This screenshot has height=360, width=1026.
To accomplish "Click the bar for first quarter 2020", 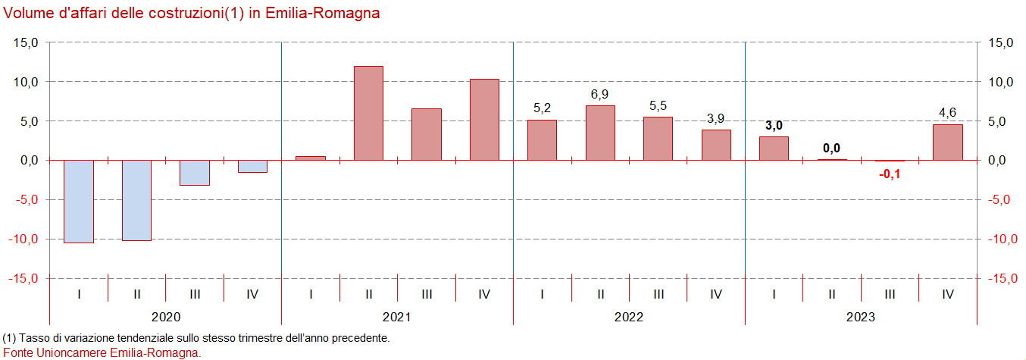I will click(79, 201).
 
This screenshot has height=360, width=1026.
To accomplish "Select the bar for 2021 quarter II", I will click(369, 113).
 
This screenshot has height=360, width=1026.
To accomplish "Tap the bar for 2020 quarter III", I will click(195, 172).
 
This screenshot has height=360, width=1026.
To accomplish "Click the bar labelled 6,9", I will click(600, 133).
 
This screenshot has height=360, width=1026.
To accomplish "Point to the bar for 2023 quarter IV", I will click(947, 142).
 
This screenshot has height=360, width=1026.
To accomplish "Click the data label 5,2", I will click(542, 108).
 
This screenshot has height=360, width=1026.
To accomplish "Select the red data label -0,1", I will click(890, 174).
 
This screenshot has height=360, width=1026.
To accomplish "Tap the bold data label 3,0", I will click(774, 126).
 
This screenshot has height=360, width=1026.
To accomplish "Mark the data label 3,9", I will click(716, 118).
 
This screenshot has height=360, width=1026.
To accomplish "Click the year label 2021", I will click(397, 317).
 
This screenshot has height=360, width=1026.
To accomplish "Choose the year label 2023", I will click(861, 317).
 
